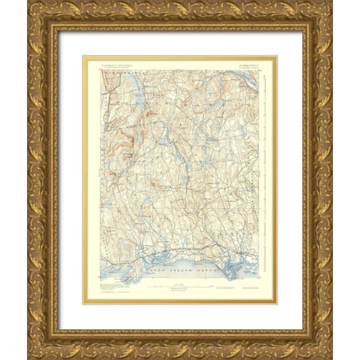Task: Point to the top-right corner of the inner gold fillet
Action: (x=277, y=56)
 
